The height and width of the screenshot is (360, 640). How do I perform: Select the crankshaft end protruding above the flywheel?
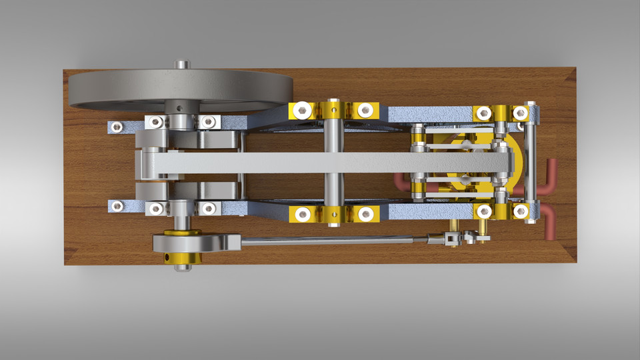[181, 65]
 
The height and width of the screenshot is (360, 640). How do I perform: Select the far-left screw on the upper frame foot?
[117, 125]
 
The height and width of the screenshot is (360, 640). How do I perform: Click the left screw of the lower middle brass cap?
[303, 213]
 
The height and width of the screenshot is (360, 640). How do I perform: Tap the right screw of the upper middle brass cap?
[364, 109]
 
